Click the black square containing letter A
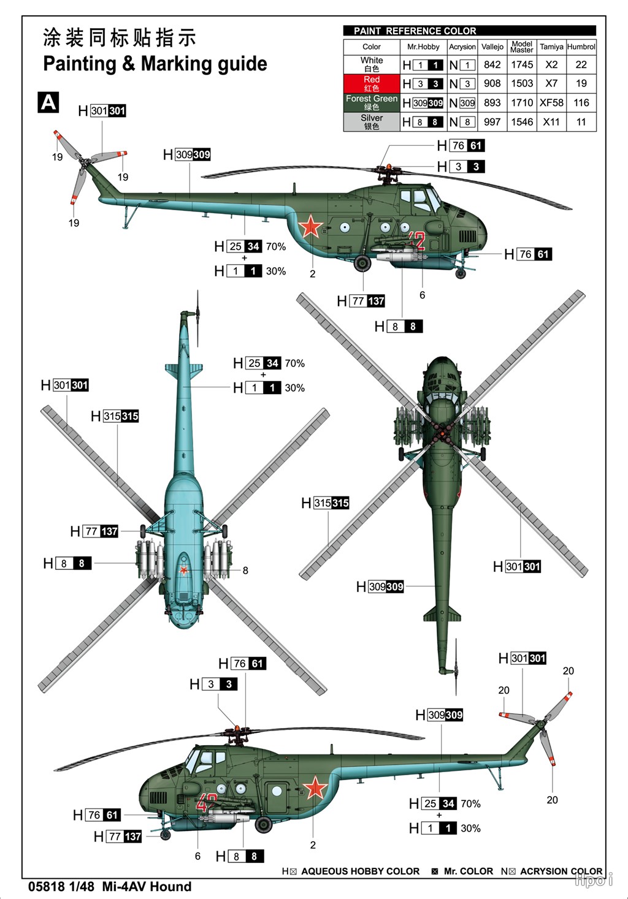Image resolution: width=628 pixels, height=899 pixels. [48, 102]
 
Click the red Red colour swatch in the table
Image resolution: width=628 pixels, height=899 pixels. [372, 83]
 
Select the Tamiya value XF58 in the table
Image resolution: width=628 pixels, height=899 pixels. [551, 103]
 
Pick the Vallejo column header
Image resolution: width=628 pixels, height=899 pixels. [492, 47]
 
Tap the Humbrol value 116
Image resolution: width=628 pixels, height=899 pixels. [581, 103]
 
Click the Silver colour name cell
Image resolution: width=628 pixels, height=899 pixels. [372, 122]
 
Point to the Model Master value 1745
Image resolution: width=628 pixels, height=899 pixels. [522, 64]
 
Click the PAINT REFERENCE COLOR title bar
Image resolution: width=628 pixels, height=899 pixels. [469, 31]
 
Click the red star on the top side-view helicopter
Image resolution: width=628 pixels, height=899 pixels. [310, 227]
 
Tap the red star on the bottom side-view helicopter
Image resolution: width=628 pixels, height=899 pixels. [315, 787]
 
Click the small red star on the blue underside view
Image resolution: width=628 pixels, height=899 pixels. [183, 570]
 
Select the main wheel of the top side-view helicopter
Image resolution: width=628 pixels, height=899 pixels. [362, 264]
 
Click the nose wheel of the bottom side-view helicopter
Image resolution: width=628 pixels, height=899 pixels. [165, 835]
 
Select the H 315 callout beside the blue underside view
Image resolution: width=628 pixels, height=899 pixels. [115, 416]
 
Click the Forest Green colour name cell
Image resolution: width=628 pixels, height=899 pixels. [372, 102]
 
